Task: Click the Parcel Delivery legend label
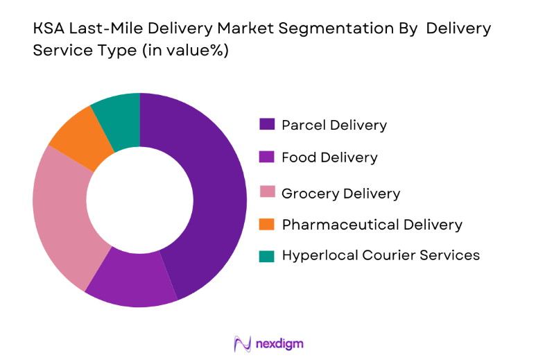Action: point(334,125)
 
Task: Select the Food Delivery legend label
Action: point(329,157)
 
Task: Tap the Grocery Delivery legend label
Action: point(340,193)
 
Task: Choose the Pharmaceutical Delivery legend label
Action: point(372,224)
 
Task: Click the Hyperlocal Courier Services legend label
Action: point(381,255)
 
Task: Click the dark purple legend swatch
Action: point(267,125)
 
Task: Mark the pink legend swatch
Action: point(267,192)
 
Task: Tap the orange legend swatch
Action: point(267,224)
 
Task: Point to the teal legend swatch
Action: point(267,255)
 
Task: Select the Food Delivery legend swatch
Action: point(267,157)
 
